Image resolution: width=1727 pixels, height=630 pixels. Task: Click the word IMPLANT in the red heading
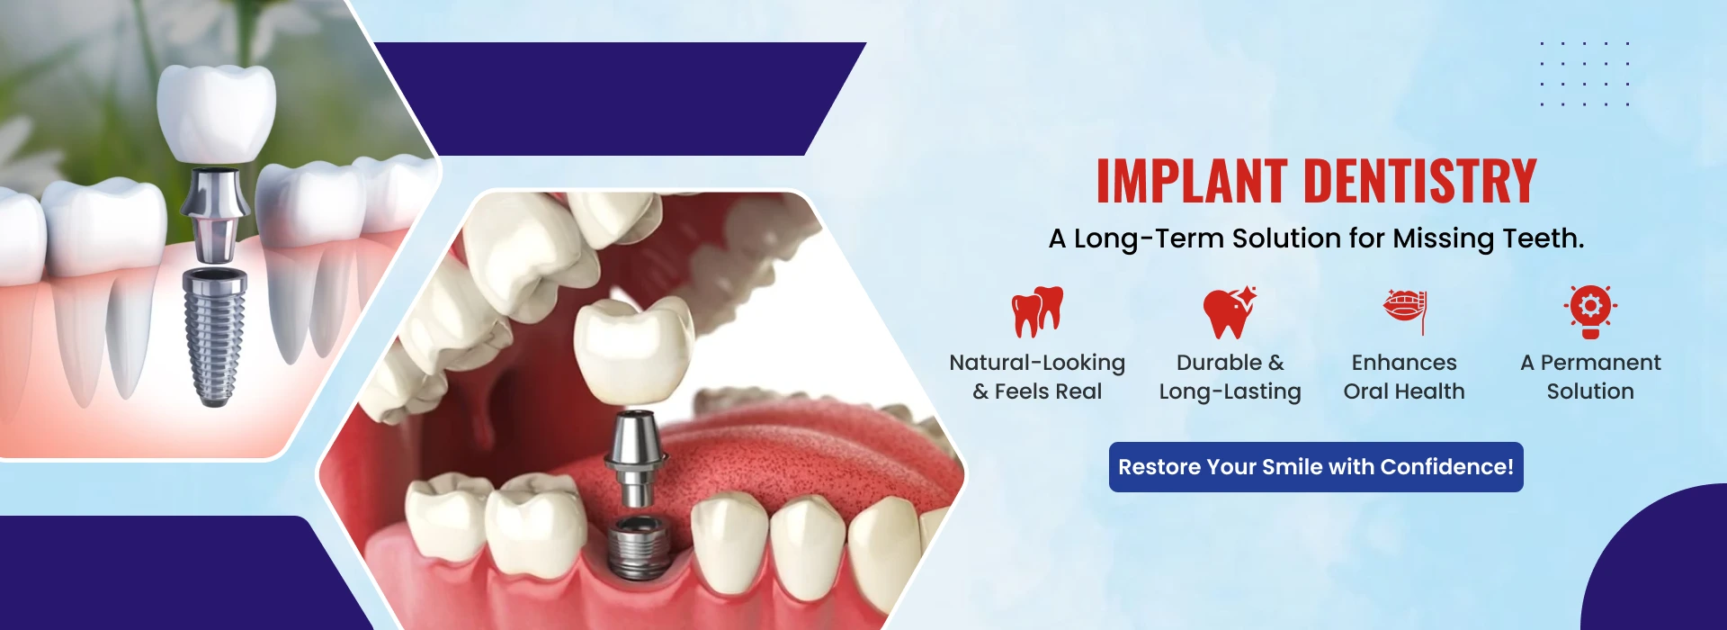pos(1192,181)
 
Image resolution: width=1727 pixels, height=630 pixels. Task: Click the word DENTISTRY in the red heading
pos(1420,181)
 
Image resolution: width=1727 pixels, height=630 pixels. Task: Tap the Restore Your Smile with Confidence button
pos(1316,467)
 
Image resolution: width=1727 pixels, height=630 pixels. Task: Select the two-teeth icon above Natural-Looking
pos(1037,311)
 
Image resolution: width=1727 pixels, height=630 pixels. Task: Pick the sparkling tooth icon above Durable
pos(1230,312)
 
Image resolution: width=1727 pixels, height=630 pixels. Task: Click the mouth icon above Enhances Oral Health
pos(1405,311)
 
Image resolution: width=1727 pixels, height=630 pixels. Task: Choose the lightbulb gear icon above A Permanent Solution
pos(1590,311)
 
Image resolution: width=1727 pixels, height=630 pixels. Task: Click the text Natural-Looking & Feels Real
pos(1037,377)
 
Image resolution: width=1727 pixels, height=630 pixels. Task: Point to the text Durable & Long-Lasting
pos(1230,377)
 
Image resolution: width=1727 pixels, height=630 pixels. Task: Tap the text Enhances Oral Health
pos(1404,377)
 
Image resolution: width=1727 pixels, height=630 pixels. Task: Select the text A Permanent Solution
pos(1590,377)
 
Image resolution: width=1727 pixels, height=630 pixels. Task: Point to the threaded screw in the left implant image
pos(213,337)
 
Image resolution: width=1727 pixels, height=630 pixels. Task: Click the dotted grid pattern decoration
pos(1584,74)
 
